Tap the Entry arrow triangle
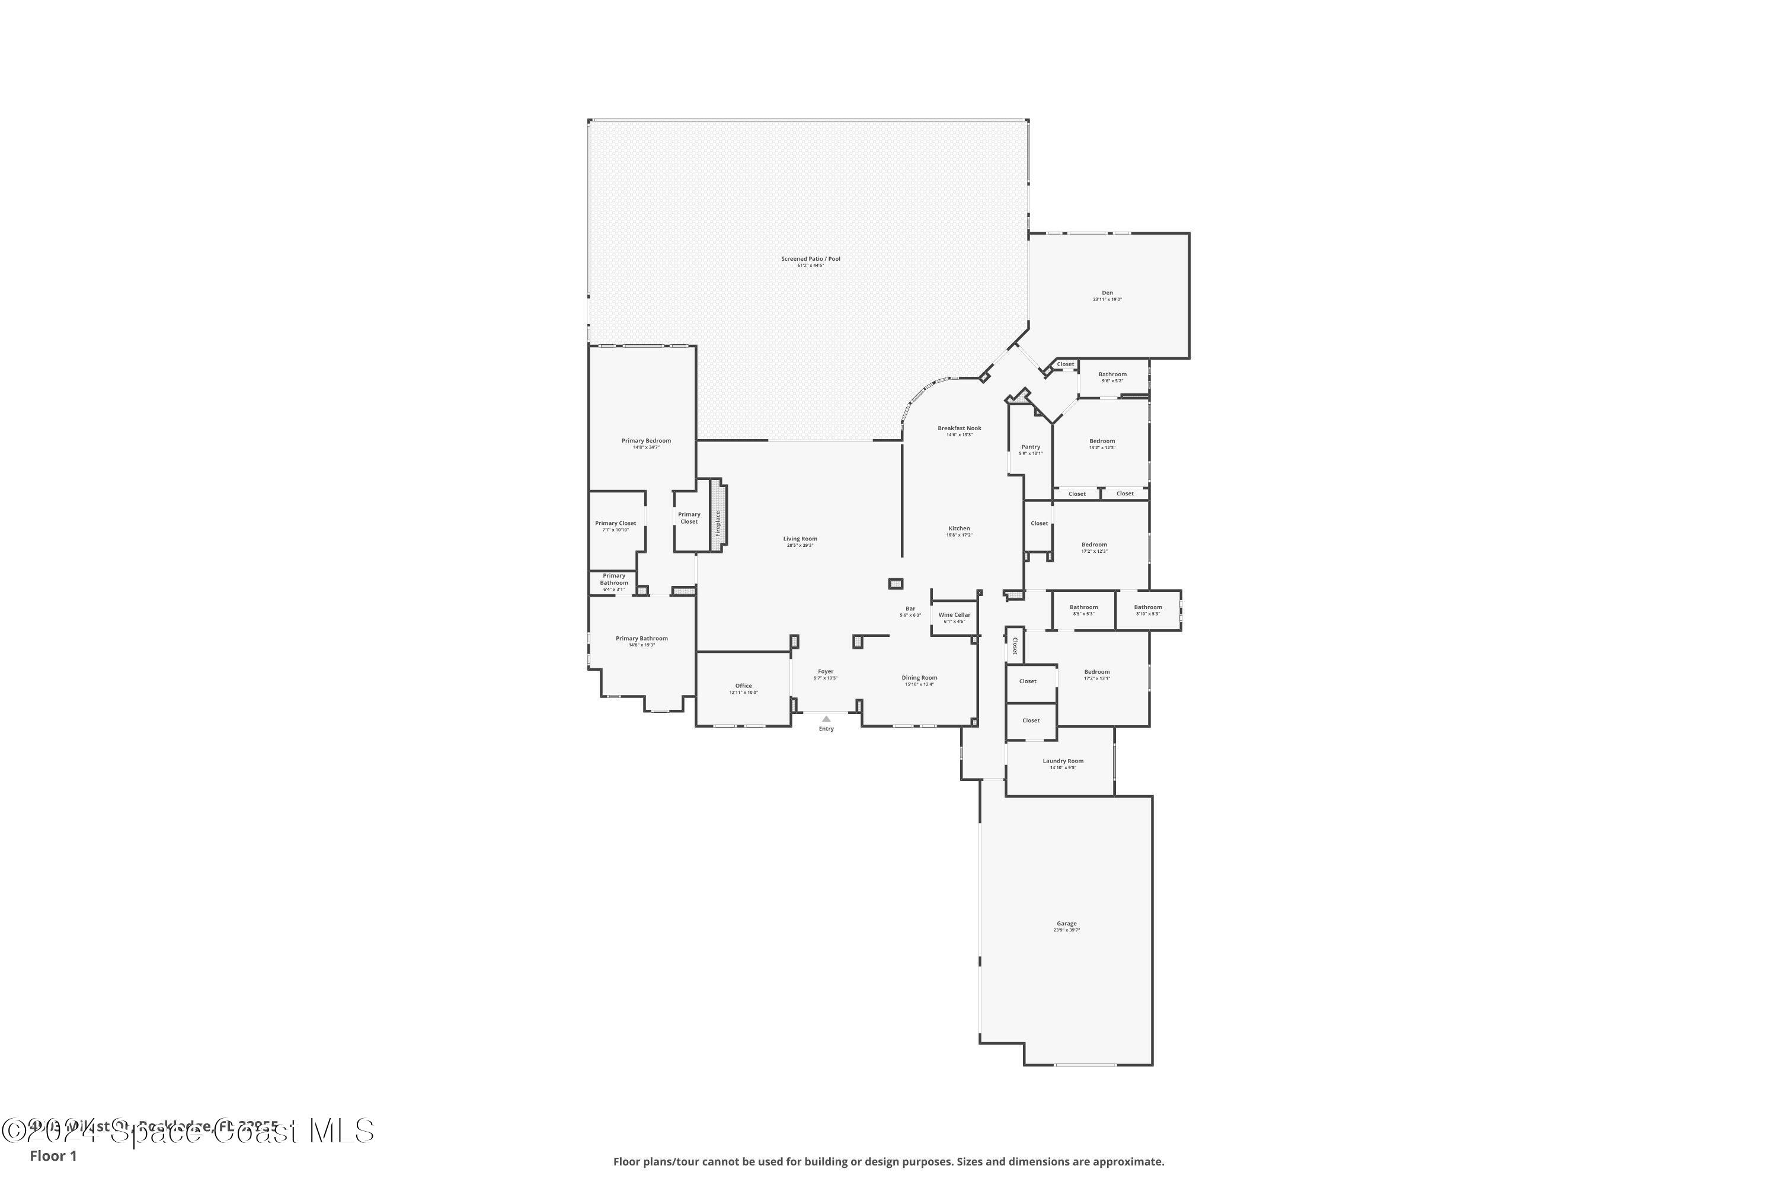[826, 719]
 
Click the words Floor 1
[53, 1155]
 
